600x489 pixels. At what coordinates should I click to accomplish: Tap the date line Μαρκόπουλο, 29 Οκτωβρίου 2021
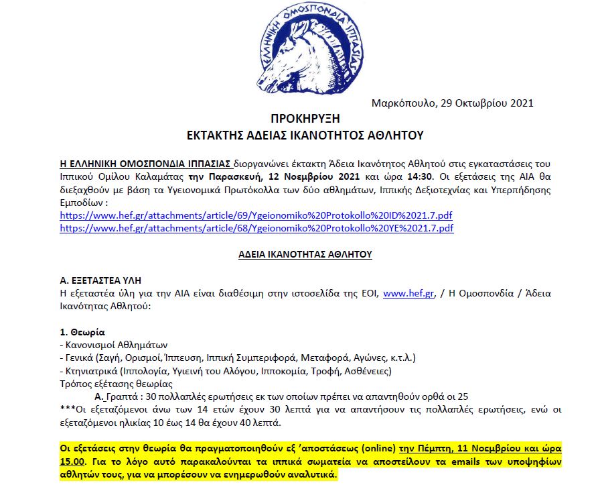click(x=453, y=103)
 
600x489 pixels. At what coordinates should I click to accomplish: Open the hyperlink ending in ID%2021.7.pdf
click(x=256, y=215)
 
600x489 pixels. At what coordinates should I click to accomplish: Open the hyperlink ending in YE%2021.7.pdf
click(x=256, y=228)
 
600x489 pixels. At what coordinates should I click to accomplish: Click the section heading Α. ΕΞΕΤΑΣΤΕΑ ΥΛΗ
click(x=100, y=280)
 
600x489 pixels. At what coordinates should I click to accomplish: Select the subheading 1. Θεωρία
click(x=82, y=332)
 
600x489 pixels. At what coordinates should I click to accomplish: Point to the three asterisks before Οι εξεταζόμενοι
click(x=66, y=410)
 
